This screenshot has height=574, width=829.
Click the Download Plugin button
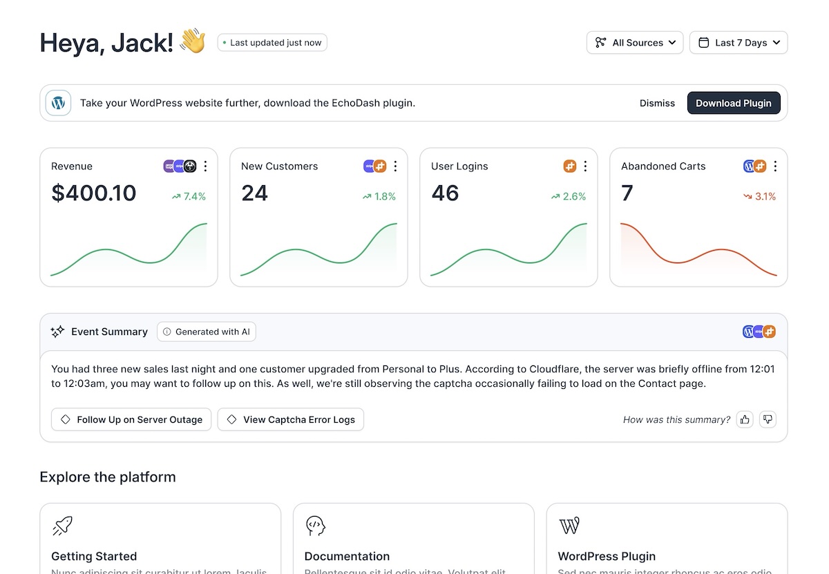733,103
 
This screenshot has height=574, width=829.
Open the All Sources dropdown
635,43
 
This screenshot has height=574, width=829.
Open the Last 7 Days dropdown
738,43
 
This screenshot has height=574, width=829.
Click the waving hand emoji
193,41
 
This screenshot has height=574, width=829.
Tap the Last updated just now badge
272,43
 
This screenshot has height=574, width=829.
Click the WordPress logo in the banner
59,103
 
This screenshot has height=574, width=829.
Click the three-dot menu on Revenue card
206,166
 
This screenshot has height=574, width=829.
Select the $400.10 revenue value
94,193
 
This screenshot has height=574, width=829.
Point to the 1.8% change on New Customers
379,197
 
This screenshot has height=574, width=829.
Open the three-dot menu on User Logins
585,166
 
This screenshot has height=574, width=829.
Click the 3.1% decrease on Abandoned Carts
759,197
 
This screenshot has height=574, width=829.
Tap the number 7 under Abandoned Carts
627,193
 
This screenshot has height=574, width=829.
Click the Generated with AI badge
207,332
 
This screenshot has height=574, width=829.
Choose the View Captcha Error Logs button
291,419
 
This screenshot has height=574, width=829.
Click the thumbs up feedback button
744,419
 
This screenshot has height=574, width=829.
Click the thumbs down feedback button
768,419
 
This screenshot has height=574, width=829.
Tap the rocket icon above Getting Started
62,526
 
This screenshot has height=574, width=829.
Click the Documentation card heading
347,556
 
